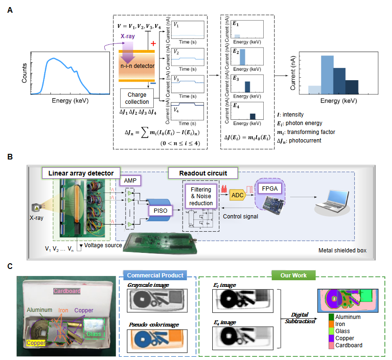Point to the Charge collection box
pos(137,98)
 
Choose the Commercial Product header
pos(153,276)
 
